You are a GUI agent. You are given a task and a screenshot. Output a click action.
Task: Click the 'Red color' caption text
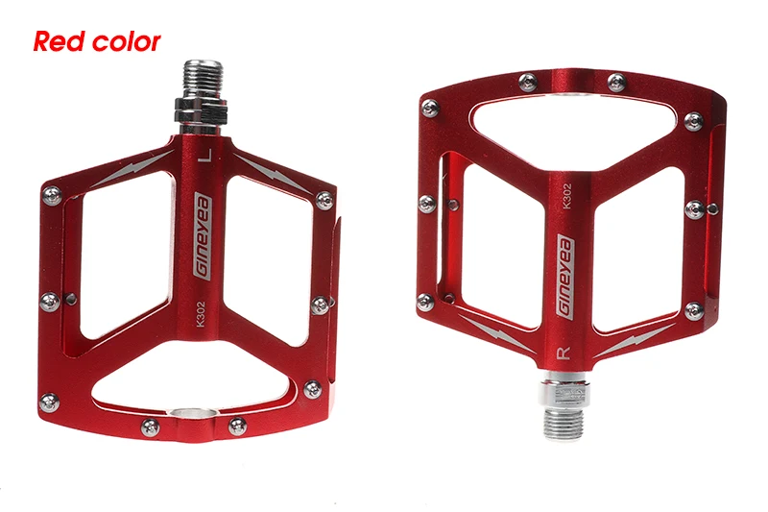click(97, 41)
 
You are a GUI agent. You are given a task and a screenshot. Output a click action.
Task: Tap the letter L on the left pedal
click(206, 156)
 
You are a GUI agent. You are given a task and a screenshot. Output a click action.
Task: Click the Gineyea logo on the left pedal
click(203, 235)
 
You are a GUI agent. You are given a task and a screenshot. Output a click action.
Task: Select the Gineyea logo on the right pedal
click(566, 278)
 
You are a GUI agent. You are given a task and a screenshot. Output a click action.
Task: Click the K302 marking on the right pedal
click(566, 196)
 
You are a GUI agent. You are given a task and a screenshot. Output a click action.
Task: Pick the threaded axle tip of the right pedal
click(564, 423)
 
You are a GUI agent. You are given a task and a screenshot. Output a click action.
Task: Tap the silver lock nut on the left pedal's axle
click(202, 110)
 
